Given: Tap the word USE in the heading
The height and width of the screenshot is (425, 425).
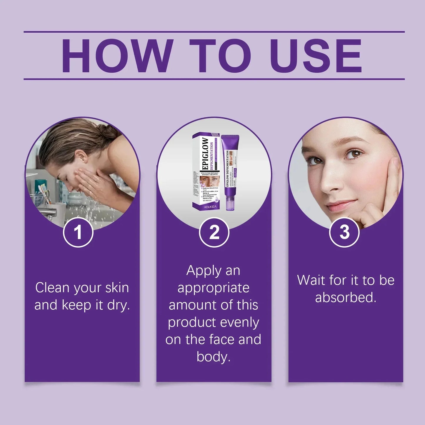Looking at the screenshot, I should pyautogui.click(x=316, y=56).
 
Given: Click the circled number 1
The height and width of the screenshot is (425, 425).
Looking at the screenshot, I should pyautogui.click(x=78, y=232).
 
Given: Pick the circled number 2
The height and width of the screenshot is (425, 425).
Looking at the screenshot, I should pyautogui.click(x=214, y=232).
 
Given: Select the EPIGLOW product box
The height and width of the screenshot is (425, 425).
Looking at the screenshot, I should pyautogui.click(x=206, y=172).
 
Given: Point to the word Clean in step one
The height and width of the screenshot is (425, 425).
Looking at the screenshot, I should pyautogui.click(x=52, y=287).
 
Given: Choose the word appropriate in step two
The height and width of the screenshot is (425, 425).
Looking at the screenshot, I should pyautogui.click(x=213, y=288).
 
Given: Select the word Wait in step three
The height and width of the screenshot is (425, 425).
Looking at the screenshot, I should pyautogui.click(x=310, y=280).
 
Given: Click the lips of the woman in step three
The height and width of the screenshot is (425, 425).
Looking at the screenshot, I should pyautogui.click(x=340, y=206).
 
